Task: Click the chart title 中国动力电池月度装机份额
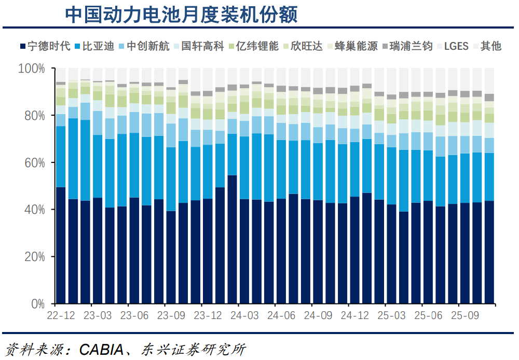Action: pyautogui.click(x=181, y=15)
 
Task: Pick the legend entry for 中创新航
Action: pyautogui.click(x=148, y=46)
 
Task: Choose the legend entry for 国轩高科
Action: pyautogui.click(x=202, y=46)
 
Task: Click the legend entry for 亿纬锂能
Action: pyautogui.click(x=257, y=46)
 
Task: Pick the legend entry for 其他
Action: pyautogui.click(x=490, y=46)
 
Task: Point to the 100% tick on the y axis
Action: pyautogui.click(x=32, y=68)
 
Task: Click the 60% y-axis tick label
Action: pyautogui.click(x=34, y=162)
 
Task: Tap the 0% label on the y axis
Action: pyautogui.click(x=37, y=303)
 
